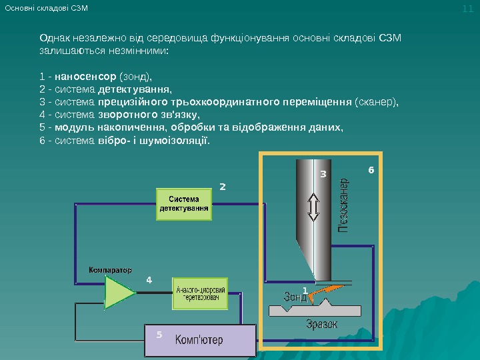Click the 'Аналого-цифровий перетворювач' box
201,294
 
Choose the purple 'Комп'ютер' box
199,340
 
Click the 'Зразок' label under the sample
321,325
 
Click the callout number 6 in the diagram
371,171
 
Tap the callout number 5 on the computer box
159,334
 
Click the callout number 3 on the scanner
323,174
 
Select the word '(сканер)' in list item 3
377,102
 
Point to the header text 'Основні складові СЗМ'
46,8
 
